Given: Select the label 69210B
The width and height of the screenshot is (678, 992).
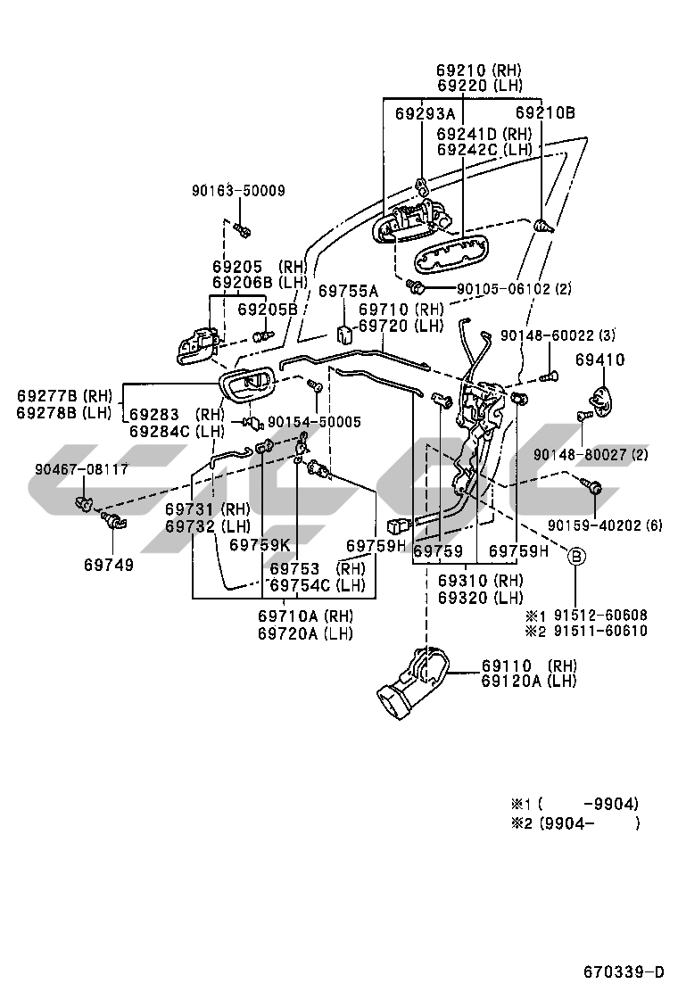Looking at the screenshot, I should pos(545,112).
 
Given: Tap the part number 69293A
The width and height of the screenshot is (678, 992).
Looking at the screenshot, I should pos(425,113).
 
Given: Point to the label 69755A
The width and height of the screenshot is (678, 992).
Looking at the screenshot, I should pos(349,291).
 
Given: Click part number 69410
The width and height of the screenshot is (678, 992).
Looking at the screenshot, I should pos(599,360).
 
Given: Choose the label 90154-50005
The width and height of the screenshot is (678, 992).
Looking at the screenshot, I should pos(314,421).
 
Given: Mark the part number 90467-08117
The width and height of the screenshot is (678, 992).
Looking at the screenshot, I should pos(82,468).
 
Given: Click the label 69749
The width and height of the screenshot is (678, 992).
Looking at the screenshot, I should pos(109,565).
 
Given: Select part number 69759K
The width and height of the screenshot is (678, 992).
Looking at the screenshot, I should pos(260,544).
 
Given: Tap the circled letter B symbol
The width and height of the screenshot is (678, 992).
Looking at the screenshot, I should pos(576,557).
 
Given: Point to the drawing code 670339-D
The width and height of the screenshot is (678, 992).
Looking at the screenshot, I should pos(624,971).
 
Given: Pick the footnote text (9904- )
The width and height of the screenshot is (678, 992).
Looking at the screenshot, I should pos(588,823).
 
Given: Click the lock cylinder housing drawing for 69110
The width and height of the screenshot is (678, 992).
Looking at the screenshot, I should pos(413,682).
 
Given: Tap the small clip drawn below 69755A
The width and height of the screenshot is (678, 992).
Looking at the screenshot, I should pos(343,332).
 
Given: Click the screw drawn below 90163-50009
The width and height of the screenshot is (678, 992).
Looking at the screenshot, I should pos(241,230).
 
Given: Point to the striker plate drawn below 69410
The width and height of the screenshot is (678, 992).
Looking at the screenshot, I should pos(604,399).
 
